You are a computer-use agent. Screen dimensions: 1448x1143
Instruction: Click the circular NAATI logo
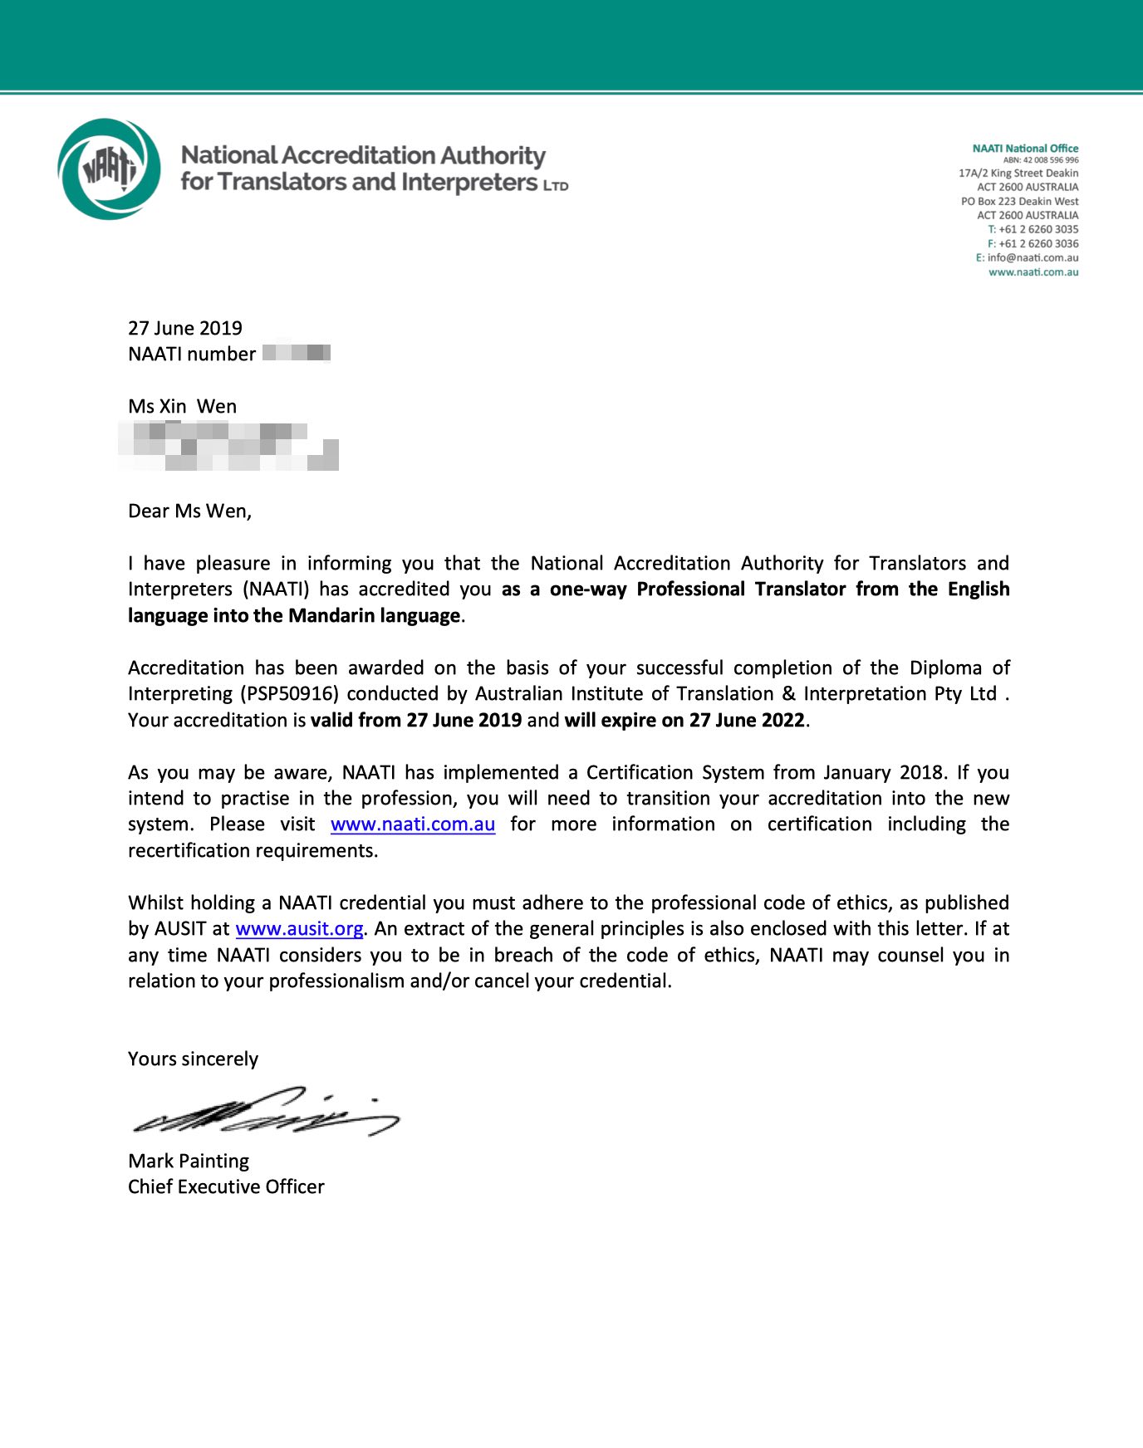click(110, 169)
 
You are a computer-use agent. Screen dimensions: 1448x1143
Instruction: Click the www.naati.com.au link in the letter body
click(413, 824)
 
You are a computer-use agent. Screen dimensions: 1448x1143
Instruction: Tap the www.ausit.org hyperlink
click(299, 929)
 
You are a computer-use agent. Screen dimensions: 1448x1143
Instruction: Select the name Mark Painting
click(189, 1161)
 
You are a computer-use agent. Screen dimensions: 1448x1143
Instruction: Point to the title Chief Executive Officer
click(226, 1187)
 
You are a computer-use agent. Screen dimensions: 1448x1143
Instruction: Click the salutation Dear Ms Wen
click(189, 511)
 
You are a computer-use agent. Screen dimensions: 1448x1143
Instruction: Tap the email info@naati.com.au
click(1033, 258)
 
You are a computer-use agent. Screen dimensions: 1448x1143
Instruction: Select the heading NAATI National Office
click(1025, 149)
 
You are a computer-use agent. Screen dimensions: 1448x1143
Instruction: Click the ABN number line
click(1041, 160)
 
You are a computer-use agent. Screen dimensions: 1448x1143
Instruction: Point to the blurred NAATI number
click(297, 354)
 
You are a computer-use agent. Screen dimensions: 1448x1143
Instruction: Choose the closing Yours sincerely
click(193, 1059)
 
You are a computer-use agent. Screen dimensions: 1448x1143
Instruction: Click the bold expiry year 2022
click(782, 721)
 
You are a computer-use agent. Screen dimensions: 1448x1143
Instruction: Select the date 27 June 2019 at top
click(185, 329)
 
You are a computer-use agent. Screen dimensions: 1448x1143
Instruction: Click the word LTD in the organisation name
click(556, 186)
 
